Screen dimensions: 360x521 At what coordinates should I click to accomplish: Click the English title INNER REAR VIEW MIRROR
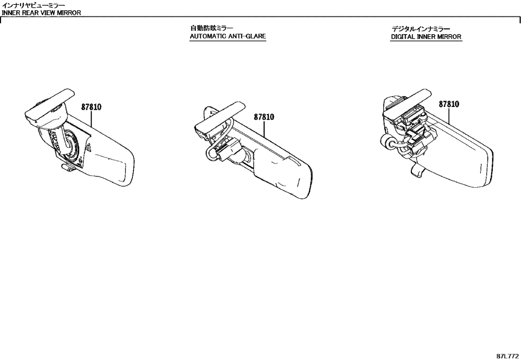[x=41, y=13]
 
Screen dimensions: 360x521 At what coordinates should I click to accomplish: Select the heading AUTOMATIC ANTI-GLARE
[x=227, y=36]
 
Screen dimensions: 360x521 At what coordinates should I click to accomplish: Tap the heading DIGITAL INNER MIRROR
[x=426, y=37]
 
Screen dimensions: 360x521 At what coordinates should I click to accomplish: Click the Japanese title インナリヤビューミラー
[x=34, y=5]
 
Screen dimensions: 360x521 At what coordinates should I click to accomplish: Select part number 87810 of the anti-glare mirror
[x=264, y=117]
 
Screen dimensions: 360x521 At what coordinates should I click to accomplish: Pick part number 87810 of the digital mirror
[x=449, y=104]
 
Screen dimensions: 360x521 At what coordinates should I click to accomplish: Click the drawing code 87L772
[x=507, y=355]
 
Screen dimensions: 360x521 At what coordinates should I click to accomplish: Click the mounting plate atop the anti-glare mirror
[x=220, y=116]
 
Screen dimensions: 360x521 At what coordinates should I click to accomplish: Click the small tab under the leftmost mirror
[x=67, y=168]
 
